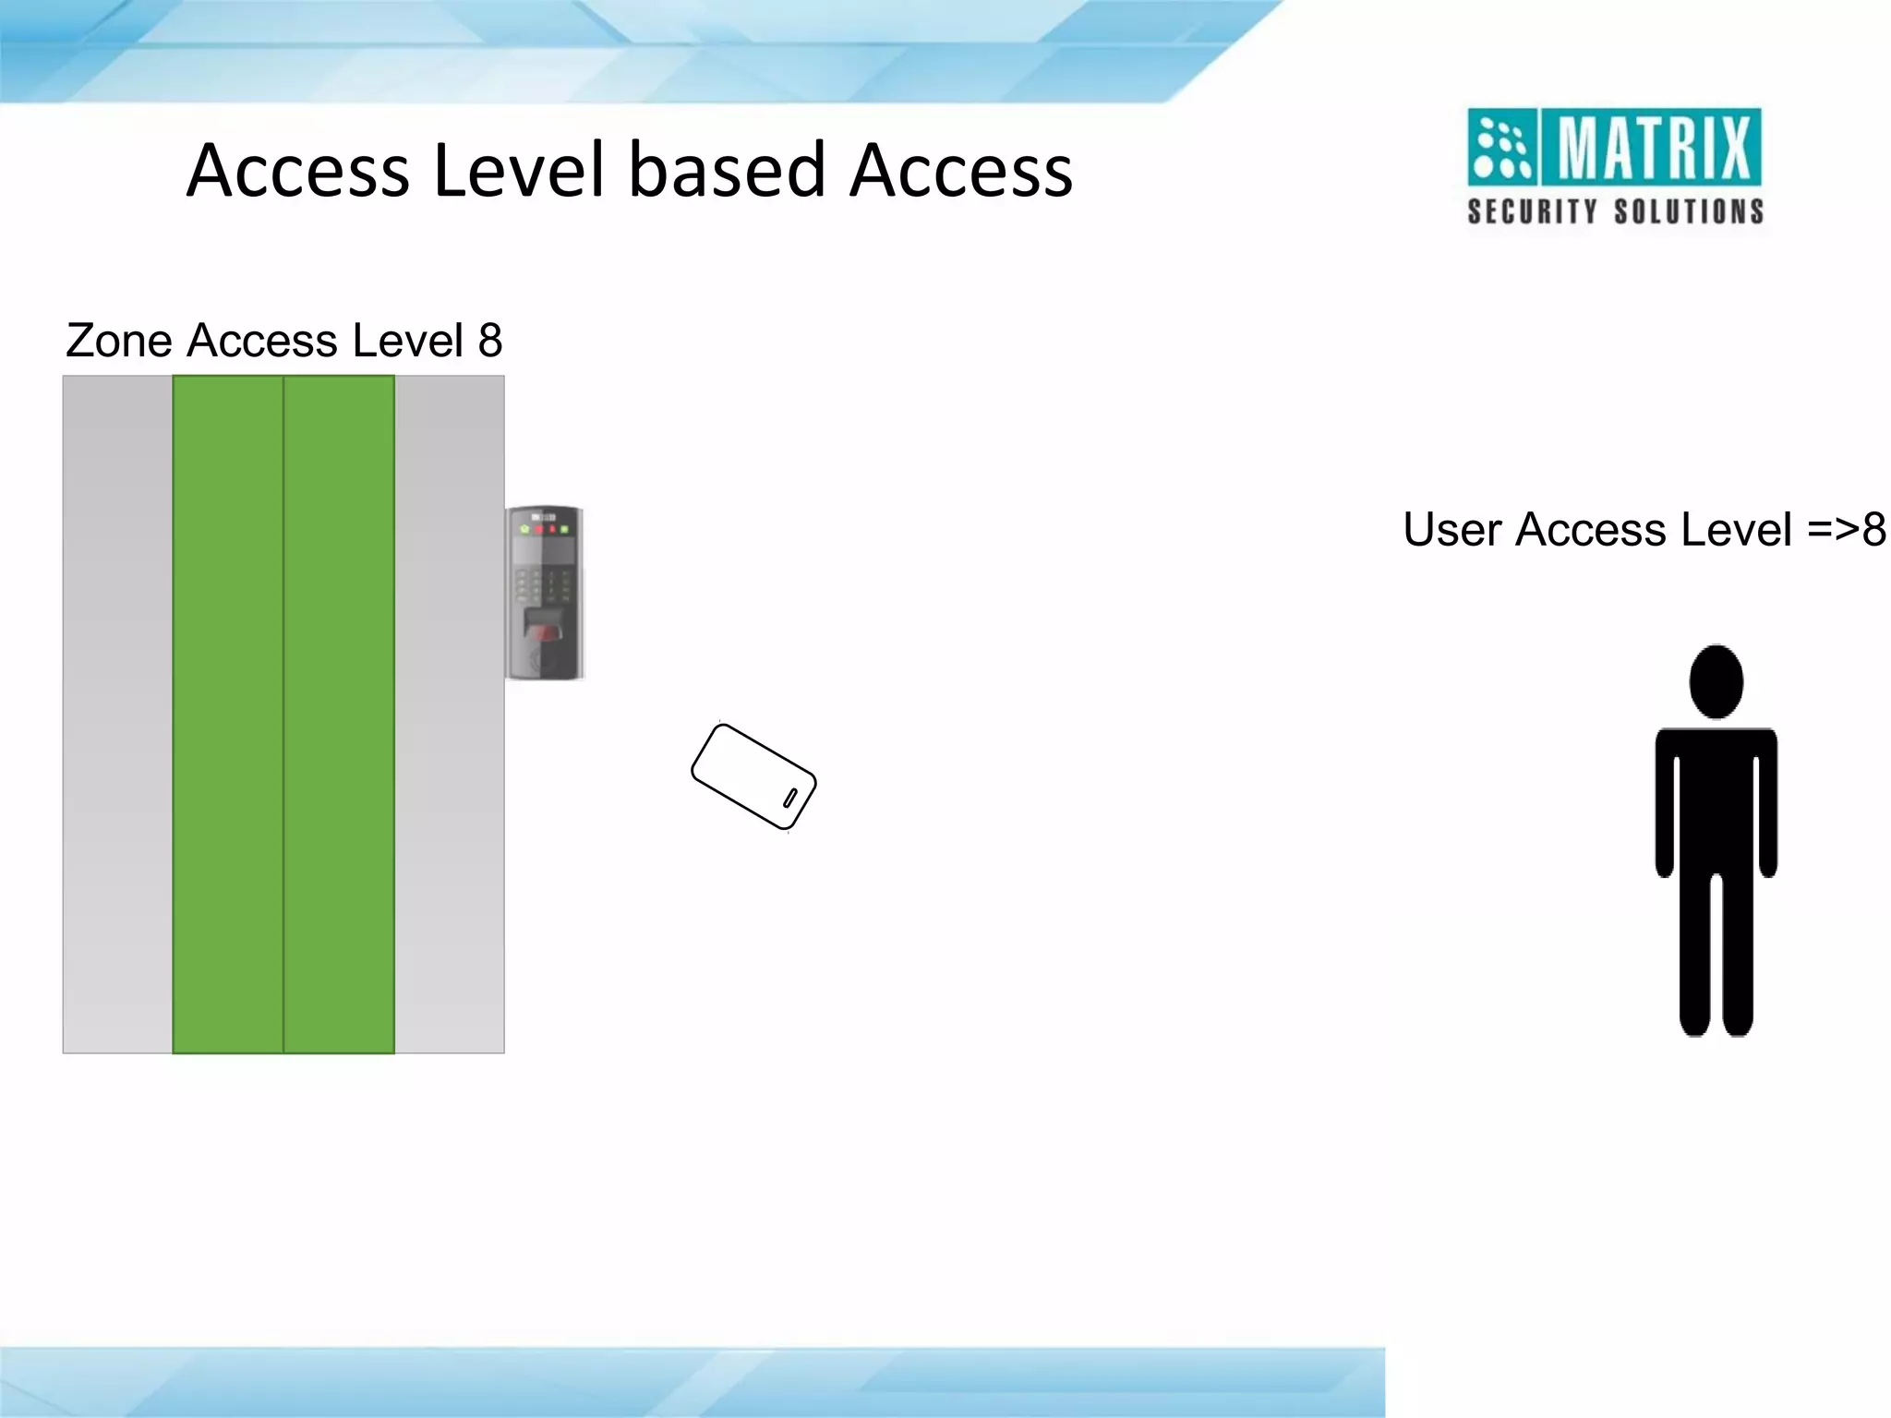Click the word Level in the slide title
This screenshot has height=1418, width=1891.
tap(519, 171)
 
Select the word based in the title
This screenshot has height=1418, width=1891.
tap(727, 171)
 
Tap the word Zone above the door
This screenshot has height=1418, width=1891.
tap(119, 341)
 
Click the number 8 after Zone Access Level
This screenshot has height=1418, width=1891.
tap(490, 341)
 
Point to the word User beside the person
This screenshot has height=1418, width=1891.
tap(1452, 530)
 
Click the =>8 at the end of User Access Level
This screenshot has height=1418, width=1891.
tap(1846, 530)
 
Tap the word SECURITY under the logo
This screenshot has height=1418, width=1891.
tap(1533, 212)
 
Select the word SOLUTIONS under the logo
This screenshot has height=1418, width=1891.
tap(1689, 212)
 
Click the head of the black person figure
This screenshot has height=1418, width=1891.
tap(1716, 681)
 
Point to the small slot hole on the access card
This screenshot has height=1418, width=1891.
tap(790, 797)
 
